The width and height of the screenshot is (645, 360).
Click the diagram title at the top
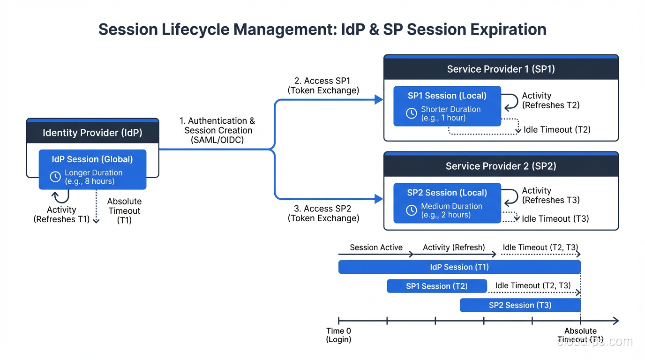point(322,30)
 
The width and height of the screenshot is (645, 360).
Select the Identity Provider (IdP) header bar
point(92,133)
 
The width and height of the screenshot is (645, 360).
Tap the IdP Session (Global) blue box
point(92,169)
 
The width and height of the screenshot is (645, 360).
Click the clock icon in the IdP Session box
point(55,177)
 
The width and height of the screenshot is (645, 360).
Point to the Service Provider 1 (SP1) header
point(501,69)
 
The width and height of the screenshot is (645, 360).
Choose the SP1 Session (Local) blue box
point(447,106)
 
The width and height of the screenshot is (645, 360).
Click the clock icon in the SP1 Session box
point(411,113)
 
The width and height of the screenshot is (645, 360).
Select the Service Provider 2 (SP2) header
point(501,166)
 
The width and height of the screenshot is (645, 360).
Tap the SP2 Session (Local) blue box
point(447,203)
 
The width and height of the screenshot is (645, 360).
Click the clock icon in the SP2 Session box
point(411,210)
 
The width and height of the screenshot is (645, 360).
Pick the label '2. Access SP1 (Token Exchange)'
point(323,86)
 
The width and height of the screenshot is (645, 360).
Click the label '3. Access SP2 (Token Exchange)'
point(323,213)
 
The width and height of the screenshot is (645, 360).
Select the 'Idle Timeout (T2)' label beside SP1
point(557,130)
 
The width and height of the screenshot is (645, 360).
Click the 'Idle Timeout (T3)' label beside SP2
point(555,218)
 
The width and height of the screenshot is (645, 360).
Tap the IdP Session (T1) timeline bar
point(459,267)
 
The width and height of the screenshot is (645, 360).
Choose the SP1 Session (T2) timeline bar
point(436,286)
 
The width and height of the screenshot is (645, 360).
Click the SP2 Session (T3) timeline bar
point(520,305)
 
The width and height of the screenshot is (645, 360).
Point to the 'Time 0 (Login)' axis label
point(338,335)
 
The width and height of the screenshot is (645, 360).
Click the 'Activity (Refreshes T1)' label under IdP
point(61,215)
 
